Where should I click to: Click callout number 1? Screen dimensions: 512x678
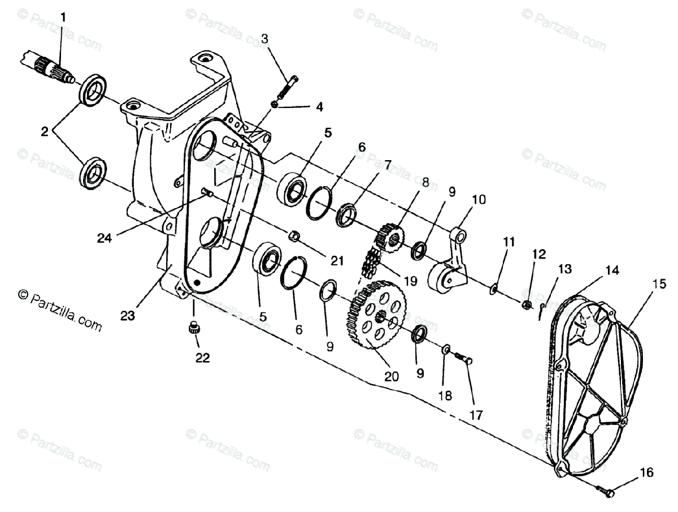pos(63,18)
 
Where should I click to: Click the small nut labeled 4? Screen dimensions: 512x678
pos(275,105)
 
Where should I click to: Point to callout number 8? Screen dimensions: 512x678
pos(425,182)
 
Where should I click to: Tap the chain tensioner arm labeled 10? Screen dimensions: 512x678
pos(452,266)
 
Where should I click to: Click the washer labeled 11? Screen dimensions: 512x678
pos(493,290)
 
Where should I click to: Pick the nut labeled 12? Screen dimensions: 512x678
pos(526,306)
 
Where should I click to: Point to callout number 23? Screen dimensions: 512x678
pos(128,315)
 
